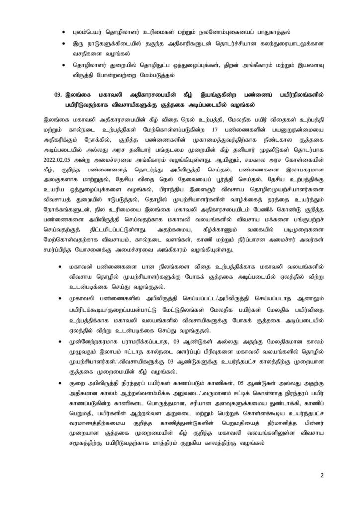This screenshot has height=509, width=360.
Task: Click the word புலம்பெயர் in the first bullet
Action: [x=90, y=30]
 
